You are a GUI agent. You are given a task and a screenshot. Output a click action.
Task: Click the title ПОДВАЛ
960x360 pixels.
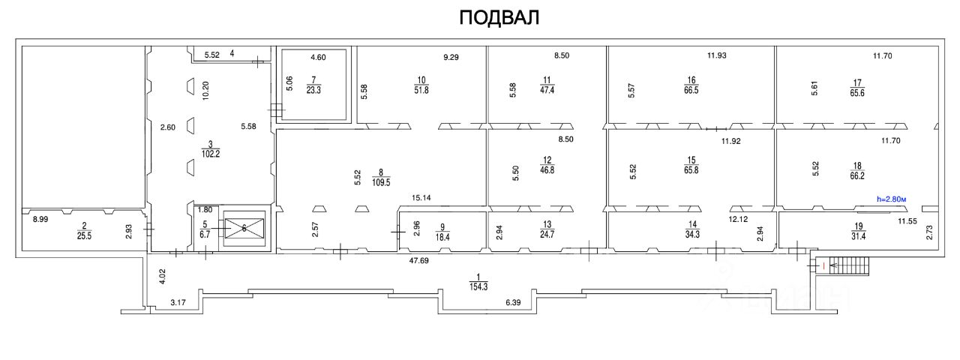(499, 18)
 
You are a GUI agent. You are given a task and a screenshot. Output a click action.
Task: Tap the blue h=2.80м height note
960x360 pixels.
(896, 199)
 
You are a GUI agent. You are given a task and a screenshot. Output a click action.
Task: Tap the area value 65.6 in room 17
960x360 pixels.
(856, 92)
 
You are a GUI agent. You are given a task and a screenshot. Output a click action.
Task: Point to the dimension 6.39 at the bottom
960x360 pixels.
(513, 302)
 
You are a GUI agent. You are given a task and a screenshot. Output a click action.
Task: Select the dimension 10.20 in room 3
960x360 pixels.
(206, 91)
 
